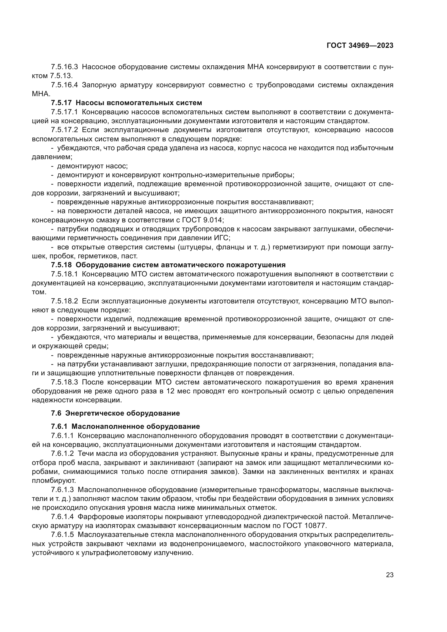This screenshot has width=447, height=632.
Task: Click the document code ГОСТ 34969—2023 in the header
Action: coord(360,46)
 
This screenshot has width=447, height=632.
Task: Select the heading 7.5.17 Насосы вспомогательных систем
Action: coord(126,103)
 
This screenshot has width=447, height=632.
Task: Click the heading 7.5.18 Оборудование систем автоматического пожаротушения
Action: coord(168,265)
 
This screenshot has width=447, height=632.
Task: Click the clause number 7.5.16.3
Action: coord(64,67)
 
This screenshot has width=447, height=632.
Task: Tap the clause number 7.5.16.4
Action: coord(64,85)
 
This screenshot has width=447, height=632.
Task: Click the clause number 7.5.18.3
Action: coord(64,382)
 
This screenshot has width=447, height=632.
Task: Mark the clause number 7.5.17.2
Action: coord(64,130)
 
